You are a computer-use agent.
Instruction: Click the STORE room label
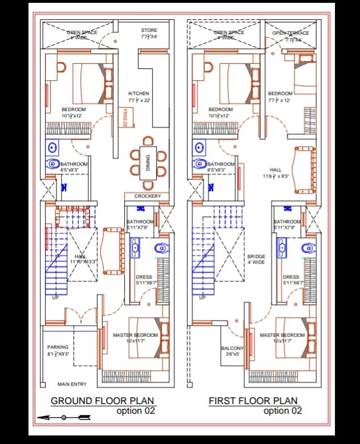click(x=149, y=30)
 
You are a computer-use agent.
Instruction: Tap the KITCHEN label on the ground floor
click(x=138, y=93)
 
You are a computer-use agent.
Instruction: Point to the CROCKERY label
click(x=148, y=196)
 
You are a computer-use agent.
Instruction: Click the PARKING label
click(x=58, y=347)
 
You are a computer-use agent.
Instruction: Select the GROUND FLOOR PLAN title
click(x=103, y=401)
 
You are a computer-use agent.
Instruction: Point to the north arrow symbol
click(x=64, y=418)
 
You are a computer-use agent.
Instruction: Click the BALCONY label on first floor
click(x=232, y=348)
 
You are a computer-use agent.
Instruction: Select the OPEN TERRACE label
click(x=291, y=33)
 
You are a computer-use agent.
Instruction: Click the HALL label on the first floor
click(x=276, y=170)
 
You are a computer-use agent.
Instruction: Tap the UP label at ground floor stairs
click(x=55, y=298)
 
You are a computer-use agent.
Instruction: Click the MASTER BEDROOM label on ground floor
click(x=135, y=335)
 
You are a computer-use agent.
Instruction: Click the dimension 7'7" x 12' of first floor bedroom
click(x=279, y=100)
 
